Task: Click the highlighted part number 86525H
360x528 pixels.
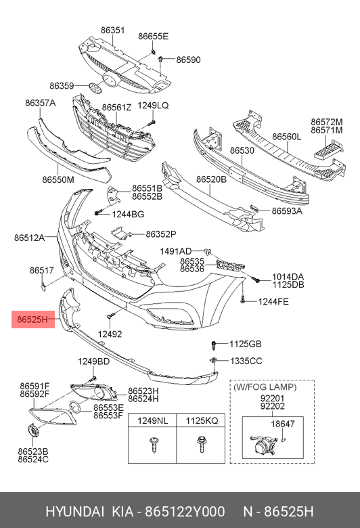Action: tap(32, 319)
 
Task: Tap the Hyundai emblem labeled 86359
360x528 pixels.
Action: tap(95, 86)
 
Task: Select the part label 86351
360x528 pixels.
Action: tap(112, 30)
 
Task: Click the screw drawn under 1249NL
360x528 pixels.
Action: tap(152, 445)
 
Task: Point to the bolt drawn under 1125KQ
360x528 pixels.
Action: tap(201, 445)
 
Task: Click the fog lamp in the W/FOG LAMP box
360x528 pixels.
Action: tap(263, 445)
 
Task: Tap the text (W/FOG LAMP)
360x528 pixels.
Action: tap(265, 387)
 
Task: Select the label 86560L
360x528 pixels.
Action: tap(287, 137)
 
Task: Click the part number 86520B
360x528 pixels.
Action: tap(212, 179)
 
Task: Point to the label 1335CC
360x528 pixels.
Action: tap(246, 361)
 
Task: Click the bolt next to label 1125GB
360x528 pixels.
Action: tap(213, 345)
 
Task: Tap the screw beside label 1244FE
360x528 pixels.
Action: tap(243, 301)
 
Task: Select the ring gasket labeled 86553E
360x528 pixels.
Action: tap(74, 407)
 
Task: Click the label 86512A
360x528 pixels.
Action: tap(29, 238)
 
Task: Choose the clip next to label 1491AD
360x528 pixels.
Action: tap(207, 251)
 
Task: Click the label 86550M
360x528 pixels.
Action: tap(58, 180)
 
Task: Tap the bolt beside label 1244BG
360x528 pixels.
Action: tap(98, 213)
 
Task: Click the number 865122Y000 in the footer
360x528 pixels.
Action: tap(185, 512)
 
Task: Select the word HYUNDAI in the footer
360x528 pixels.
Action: tap(74, 512)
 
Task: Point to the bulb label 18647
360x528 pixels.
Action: tap(283, 424)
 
